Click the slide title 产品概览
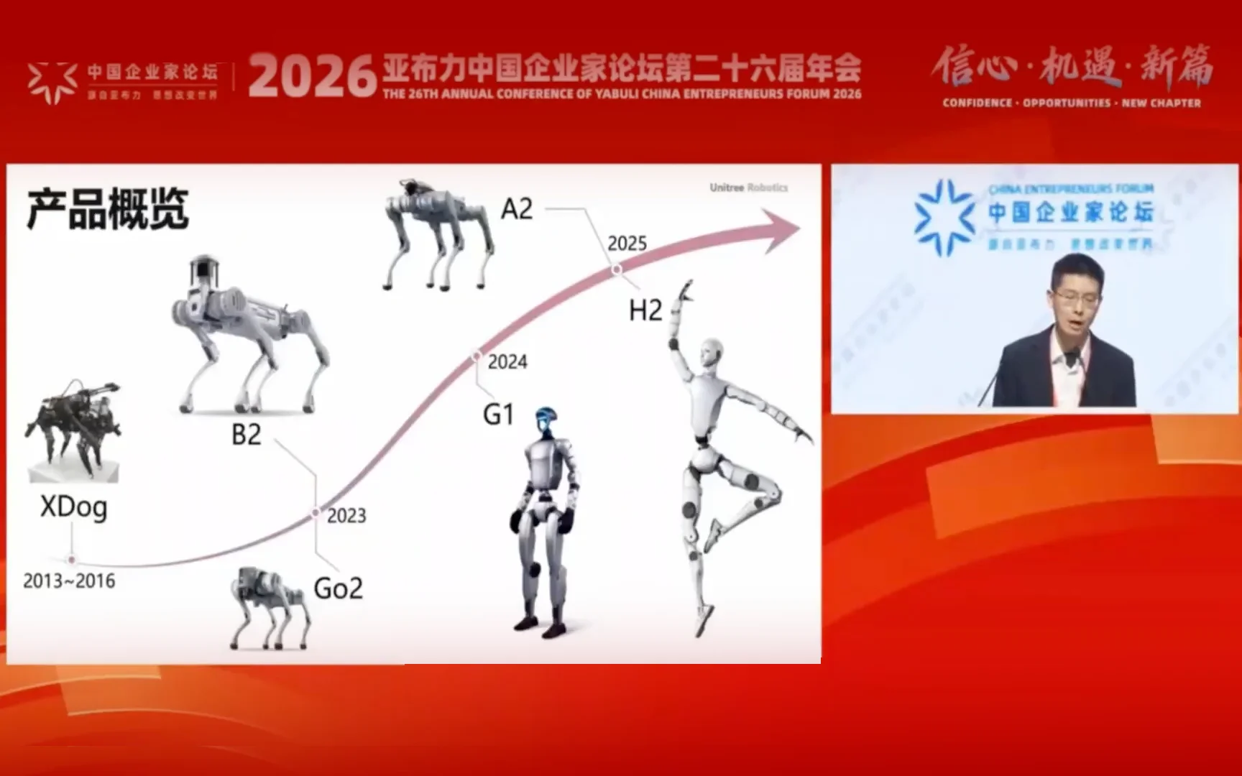point(108,209)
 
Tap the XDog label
point(73,507)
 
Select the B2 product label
point(246,435)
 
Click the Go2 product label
point(338,588)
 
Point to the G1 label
point(498,415)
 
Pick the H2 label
point(645,310)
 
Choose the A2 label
point(517,209)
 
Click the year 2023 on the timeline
point(346,516)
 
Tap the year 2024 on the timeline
point(507,362)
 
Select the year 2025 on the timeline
point(627,244)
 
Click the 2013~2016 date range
point(69,581)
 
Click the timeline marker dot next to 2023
point(316,512)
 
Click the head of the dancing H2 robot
point(711,354)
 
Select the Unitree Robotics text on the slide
point(748,188)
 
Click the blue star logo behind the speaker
point(944,217)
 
